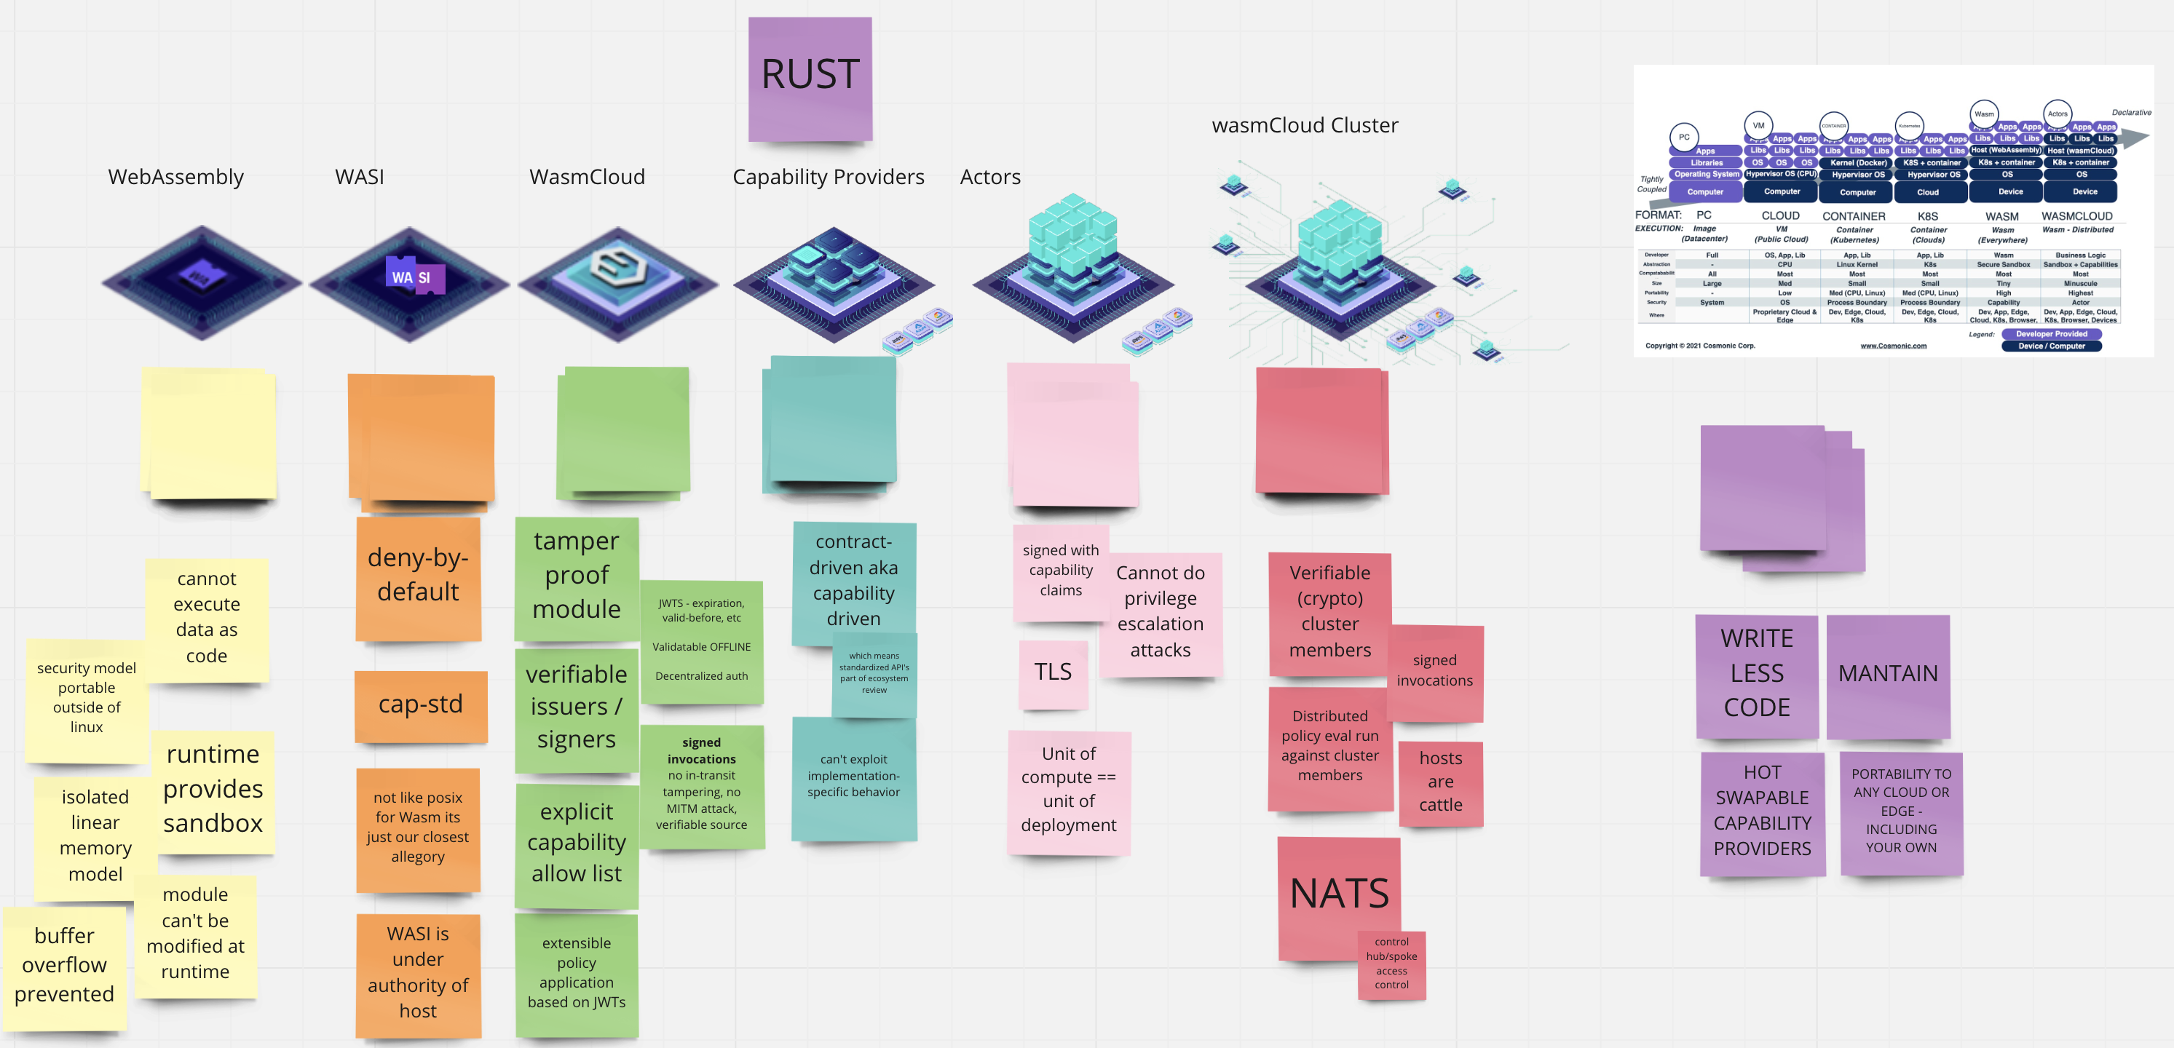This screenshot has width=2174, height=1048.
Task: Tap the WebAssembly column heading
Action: [175, 177]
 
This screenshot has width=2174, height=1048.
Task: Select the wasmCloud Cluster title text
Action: [1304, 126]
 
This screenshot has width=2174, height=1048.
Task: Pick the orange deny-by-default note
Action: [418, 578]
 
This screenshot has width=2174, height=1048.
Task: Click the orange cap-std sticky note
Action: [420, 705]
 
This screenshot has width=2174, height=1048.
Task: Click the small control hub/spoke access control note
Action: [1391, 964]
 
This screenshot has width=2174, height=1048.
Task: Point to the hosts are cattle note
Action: [1440, 782]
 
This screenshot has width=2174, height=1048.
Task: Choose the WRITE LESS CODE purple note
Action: [1756, 674]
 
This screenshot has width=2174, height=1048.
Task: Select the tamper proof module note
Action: [577, 576]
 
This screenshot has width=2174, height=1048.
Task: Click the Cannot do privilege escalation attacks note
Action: [1160, 613]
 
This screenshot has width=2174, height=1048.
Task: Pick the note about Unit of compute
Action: [1068, 790]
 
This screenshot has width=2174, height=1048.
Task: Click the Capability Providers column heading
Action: [828, 177]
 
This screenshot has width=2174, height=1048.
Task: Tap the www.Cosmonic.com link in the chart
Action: [1893, 346]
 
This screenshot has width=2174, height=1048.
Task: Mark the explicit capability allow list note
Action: [577, 843]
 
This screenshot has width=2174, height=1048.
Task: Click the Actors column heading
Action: [990, 177]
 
